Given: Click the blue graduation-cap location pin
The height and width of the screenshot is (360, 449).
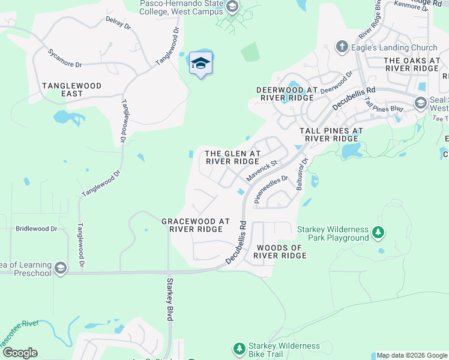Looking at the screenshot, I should coord(201,64).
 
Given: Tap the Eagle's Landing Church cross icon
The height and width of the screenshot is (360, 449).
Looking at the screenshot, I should coord(342,47).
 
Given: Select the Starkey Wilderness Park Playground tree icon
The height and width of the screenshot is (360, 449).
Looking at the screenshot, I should coord(378,232).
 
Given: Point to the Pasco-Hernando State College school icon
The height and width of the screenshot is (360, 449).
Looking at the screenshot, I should coord(232,7).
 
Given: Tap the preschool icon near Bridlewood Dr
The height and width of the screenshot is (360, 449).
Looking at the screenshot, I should coord(59,267).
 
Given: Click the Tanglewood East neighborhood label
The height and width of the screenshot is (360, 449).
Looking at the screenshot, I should coord(71,90).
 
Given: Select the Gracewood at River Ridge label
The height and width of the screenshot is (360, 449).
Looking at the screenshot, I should coord(196,225).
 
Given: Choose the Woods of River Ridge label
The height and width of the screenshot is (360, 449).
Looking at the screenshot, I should coord(280,251).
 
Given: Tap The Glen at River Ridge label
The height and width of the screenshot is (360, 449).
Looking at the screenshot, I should coord(233,157).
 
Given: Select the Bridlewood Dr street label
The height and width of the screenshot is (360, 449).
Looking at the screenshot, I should coord(36,229).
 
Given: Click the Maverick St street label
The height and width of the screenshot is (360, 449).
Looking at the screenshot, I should coord(261,171).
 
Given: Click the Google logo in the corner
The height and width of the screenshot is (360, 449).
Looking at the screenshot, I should coord(19,353).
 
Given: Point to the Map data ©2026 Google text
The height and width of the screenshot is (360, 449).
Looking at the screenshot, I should coord(412,355).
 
